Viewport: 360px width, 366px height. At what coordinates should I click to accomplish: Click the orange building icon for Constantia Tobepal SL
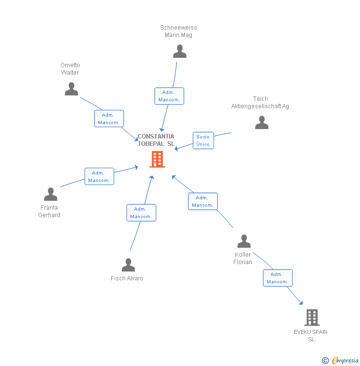[157, 159]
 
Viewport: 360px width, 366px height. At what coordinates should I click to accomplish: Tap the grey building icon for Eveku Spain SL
[312, 317]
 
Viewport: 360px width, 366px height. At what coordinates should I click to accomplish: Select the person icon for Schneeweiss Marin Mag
[180, 51]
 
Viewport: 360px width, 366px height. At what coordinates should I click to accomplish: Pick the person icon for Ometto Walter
[72, 89]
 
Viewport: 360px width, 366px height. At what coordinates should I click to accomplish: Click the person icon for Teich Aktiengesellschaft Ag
[262, 123]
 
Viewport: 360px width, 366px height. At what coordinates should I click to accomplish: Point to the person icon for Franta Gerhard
[50, 194]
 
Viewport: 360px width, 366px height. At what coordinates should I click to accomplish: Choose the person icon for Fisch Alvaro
[128, 265]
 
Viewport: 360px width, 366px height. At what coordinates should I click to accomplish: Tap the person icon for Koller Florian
[244, 241]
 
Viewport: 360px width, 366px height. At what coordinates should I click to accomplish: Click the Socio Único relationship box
[203, 140]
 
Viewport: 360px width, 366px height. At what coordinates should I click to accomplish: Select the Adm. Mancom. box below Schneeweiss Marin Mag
[169, 96]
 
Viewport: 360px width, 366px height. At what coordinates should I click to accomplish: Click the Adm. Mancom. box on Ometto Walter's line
[109, 119]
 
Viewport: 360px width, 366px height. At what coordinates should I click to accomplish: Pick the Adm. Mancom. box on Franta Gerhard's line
[99, 177]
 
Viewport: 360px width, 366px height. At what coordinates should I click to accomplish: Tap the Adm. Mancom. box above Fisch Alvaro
[141, 213]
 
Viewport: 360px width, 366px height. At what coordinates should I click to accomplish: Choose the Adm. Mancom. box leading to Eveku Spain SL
[277, 278]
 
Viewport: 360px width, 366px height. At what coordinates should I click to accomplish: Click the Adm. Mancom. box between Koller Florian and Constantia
[202, 201]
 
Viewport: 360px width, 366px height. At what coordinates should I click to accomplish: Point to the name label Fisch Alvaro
[127, 278]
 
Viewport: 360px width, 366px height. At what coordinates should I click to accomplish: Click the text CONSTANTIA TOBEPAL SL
[156, 140]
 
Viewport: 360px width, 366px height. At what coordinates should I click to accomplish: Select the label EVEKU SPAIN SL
[311, 335]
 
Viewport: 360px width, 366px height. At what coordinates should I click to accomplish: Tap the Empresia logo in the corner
[341, 361]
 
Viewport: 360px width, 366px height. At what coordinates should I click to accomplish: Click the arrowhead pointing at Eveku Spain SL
[301, 303]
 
